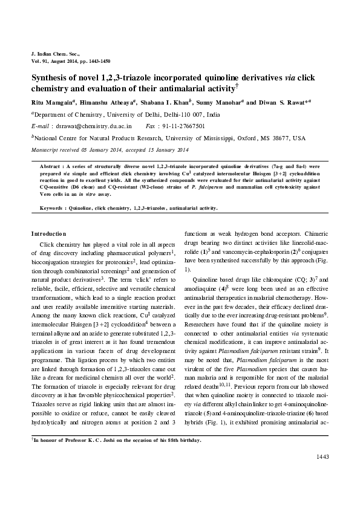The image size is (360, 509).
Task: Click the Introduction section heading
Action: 48,233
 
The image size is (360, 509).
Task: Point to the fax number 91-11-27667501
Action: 183,126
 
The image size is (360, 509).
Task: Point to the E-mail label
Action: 40,126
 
